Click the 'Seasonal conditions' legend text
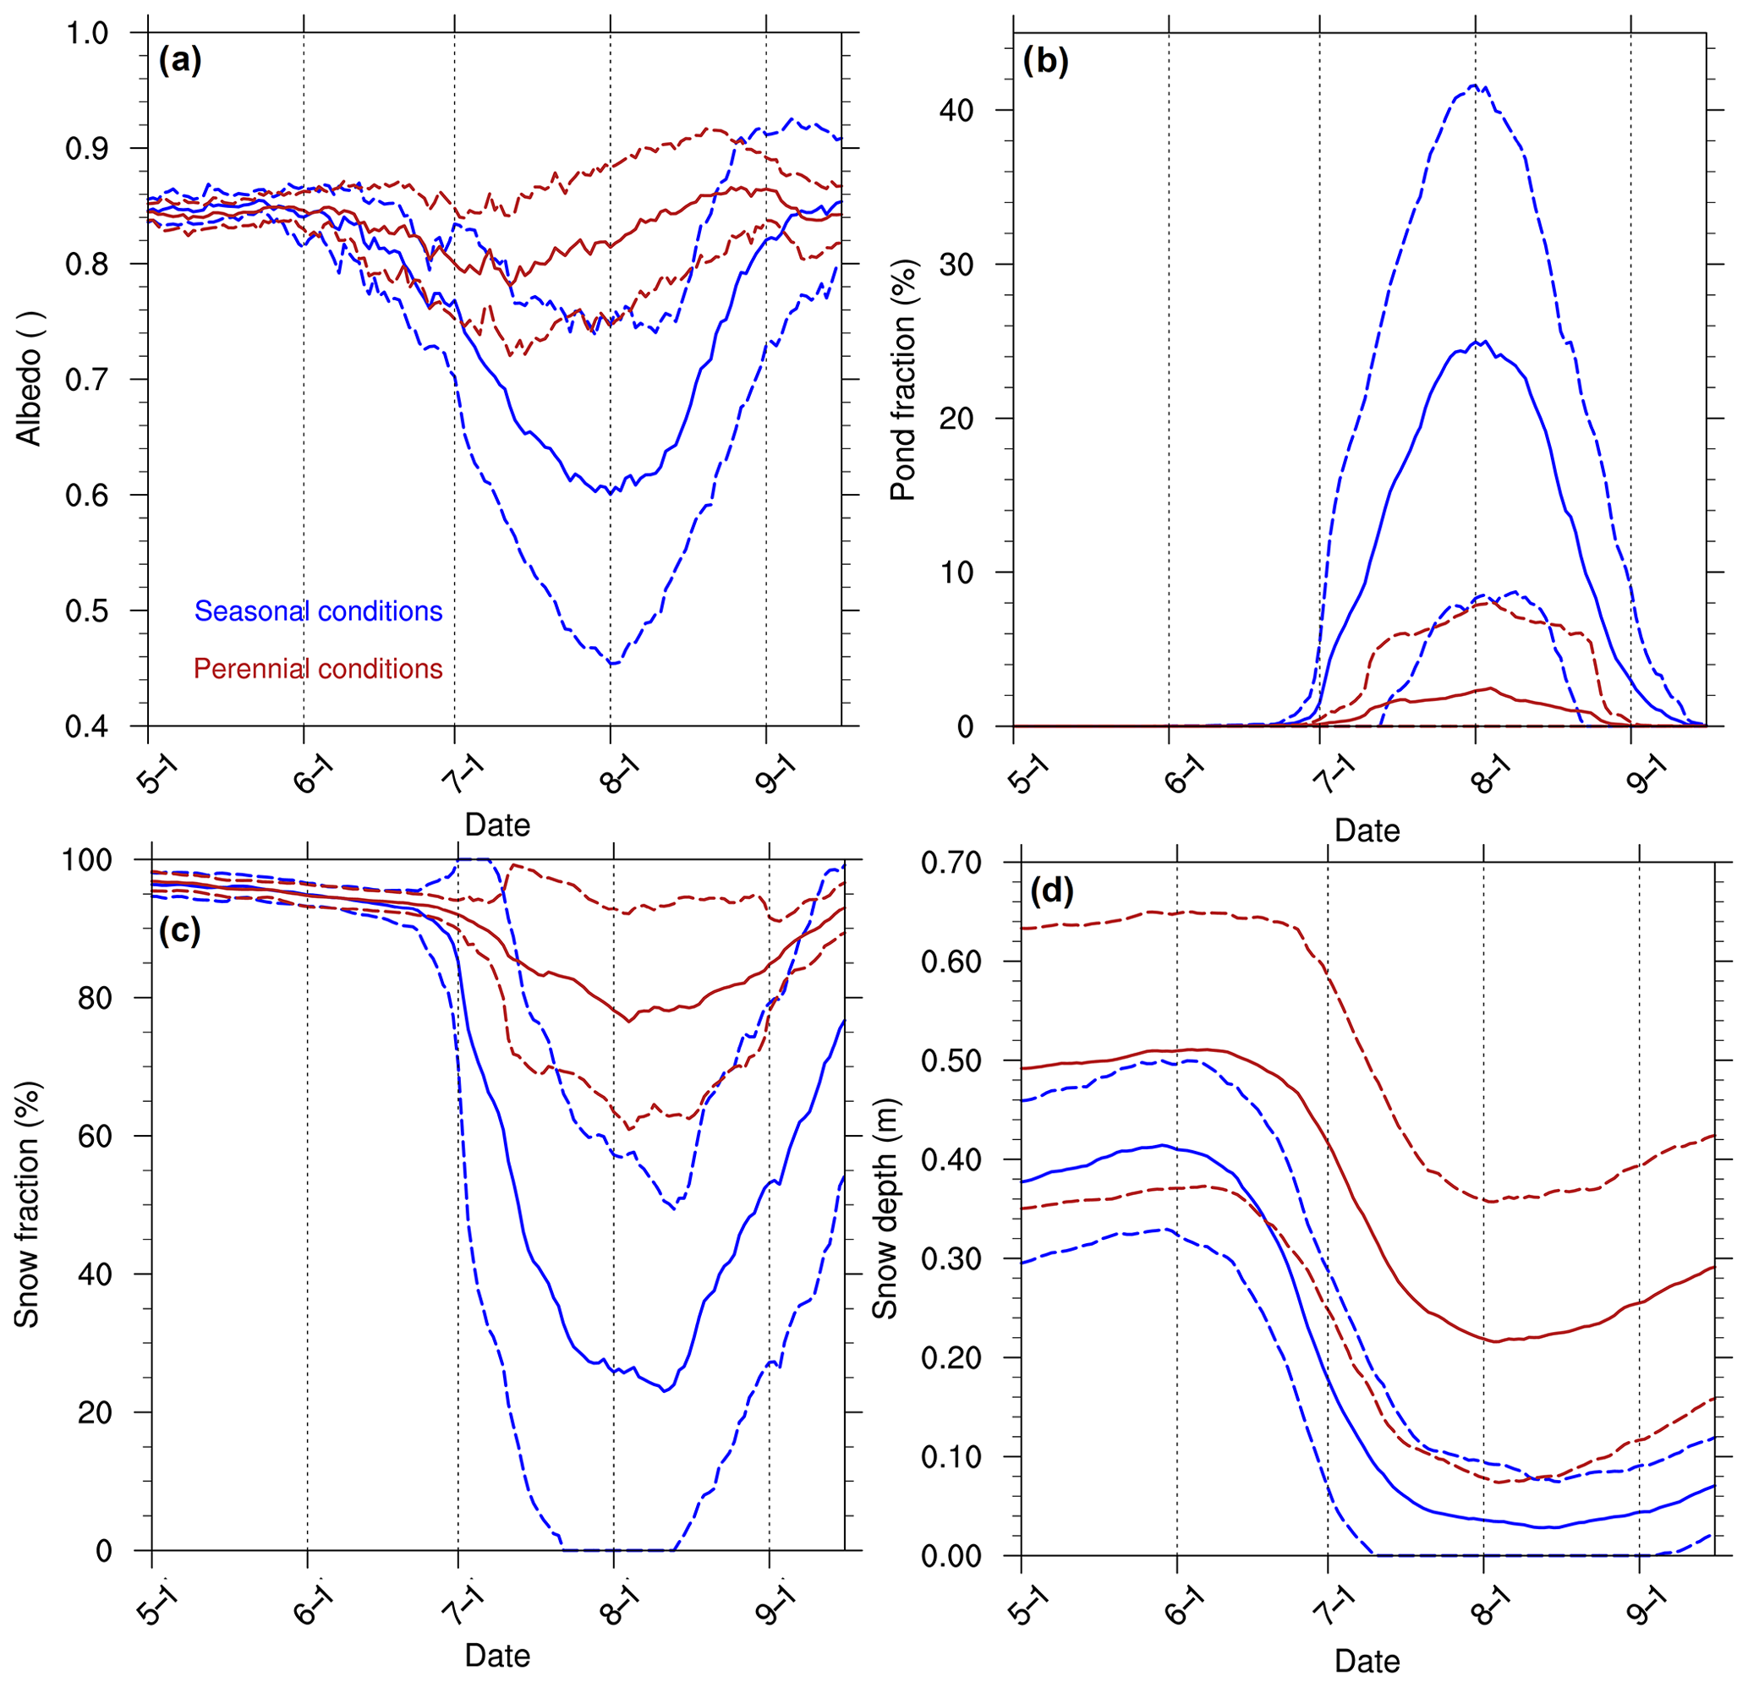tap(318, 611)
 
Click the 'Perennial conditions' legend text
tap(318, 669)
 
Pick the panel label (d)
tap(1052, 890)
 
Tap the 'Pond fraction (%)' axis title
tap(903, 380)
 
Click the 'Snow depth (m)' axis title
tap(885, 1208)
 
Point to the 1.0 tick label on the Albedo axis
tap(86, 34)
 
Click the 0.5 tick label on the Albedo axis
tap(86, 611)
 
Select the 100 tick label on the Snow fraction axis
tap(86, 861)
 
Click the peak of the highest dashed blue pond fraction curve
tap(1474, 85)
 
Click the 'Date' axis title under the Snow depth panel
tap(1367, 1660)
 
